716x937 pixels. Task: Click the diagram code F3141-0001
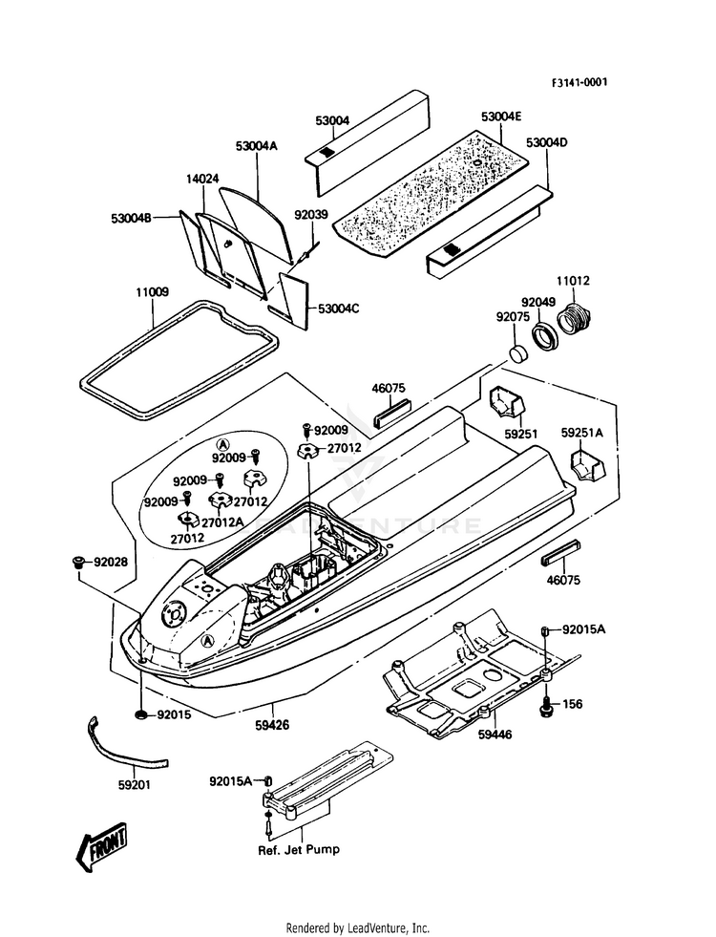click(579, 82)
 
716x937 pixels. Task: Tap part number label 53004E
click(501, 117)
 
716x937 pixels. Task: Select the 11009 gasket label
click(152, 292)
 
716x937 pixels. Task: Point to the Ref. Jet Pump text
click(299, 849)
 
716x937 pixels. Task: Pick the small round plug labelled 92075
click(517, 352)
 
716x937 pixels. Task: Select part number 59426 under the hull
click(273, 725)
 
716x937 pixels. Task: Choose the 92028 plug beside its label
click(77, 562)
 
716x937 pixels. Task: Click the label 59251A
click(582, 432)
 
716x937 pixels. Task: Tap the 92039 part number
click(311, 214)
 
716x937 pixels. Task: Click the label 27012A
click(222, 522)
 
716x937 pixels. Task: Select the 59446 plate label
click(495, 735)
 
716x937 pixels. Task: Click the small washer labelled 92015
click(141, 713)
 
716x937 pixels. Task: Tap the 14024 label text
click(202, 179)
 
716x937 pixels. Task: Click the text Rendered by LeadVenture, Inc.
click(358, 928)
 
